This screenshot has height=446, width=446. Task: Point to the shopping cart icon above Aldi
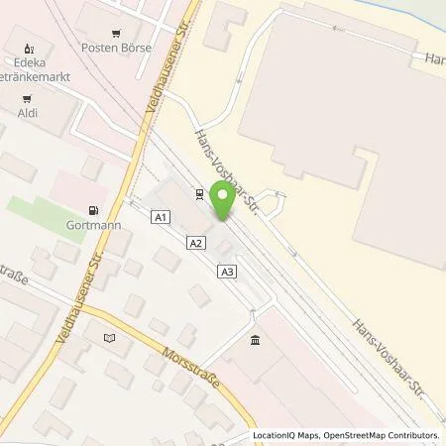27,98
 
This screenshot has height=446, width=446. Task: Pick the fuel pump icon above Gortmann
93,210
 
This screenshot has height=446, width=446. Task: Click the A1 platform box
162,217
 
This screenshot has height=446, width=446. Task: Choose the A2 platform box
196,242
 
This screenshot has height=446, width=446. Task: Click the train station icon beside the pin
199,194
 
